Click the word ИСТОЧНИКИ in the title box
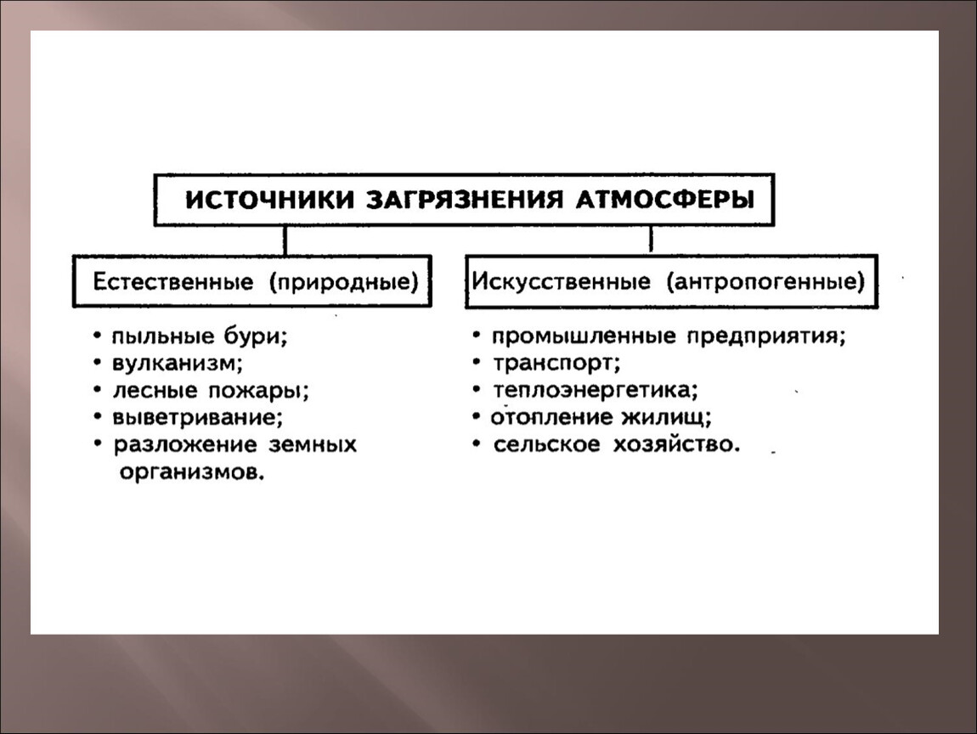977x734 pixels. point(270,200)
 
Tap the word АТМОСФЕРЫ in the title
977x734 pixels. point(664,200)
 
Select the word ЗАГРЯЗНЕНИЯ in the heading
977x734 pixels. point(464,200)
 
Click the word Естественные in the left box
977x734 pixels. point(173,282)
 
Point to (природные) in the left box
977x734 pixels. point(343,282)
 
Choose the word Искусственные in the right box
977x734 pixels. point(561,282)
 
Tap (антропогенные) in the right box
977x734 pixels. point(765,282)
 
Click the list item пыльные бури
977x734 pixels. point(200,337)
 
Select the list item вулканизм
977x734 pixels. point(178,364)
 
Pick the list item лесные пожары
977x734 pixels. point(211,392)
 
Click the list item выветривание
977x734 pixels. point(197,417)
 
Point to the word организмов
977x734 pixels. point(192,473)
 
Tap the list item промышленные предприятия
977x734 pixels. point(669,337)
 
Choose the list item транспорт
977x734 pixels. point(556,364)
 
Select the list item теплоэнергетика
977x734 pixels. point(595,391)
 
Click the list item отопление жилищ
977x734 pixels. point(601,417)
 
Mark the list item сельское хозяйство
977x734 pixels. point(617,445)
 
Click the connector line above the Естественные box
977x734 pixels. point(285,240)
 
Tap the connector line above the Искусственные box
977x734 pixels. point(651,240)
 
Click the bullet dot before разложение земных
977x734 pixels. point(98,443)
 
